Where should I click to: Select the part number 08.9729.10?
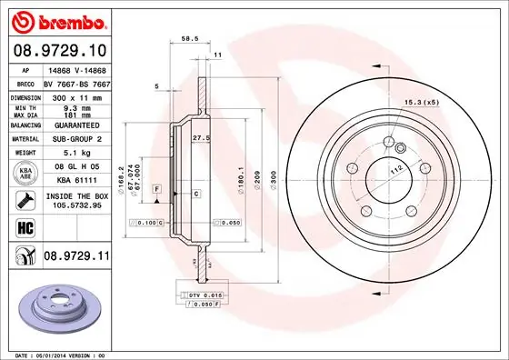57,50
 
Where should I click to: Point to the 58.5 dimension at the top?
190,39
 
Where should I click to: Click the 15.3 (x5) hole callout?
421,102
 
